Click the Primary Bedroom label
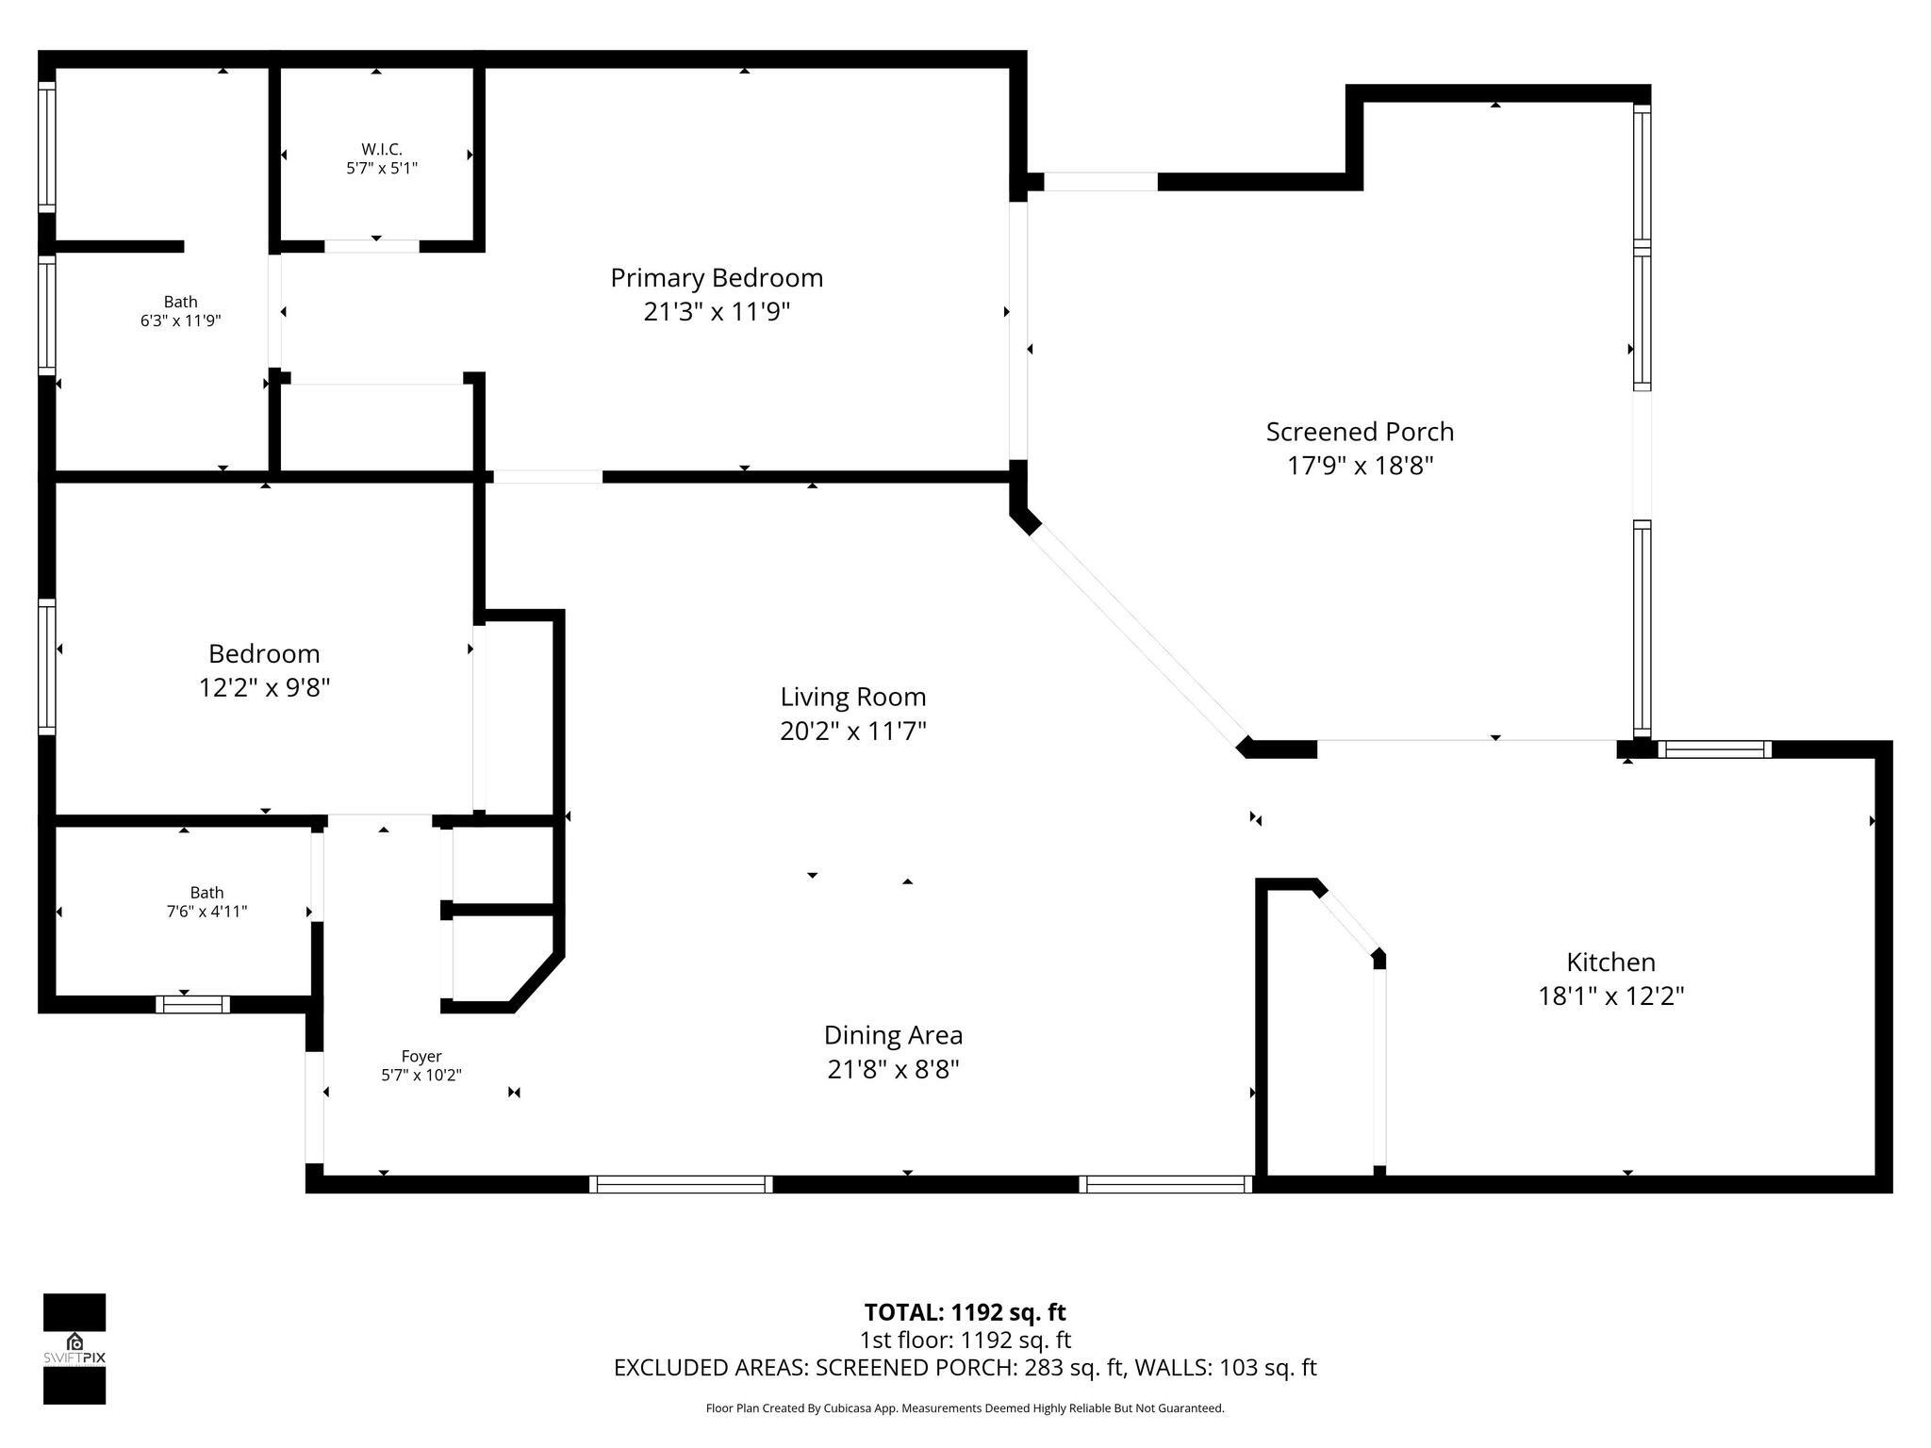coord(717,278)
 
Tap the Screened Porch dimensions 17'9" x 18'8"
coord(1360,466)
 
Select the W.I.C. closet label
coord(381,150)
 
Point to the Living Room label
coord(852,698)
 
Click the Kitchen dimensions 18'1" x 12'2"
coord(1610,996)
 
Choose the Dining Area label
coord(893,1035)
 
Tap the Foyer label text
coord(421,1057)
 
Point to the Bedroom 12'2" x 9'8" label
coord(264,654)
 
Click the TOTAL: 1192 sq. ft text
coord(965,1312)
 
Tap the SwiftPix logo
coord(74,1348)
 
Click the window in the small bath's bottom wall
coord(192,1004)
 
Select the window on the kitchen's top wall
coord(1714,749)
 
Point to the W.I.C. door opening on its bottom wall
coord(372,246)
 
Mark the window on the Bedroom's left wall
coord(46,667)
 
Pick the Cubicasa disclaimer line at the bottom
coord(965,1408)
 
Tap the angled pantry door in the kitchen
coord(1348,920)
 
